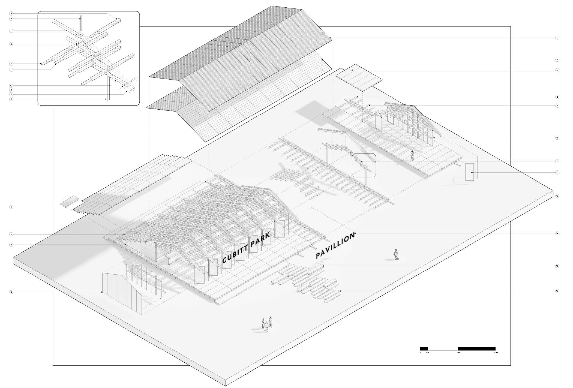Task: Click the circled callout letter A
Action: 11,13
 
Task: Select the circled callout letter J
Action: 11,99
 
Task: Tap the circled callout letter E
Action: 11,64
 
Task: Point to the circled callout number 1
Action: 11,207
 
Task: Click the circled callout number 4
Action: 11,292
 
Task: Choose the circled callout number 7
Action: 557,70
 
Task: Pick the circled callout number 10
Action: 557,138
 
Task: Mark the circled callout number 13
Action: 557,196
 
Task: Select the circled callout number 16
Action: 557,291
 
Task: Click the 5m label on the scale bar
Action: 458,353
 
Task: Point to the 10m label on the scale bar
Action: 496,353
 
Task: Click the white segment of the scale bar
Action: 443,348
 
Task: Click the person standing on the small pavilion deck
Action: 412,155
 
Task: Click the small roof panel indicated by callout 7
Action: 359,78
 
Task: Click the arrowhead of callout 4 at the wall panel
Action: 102,292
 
